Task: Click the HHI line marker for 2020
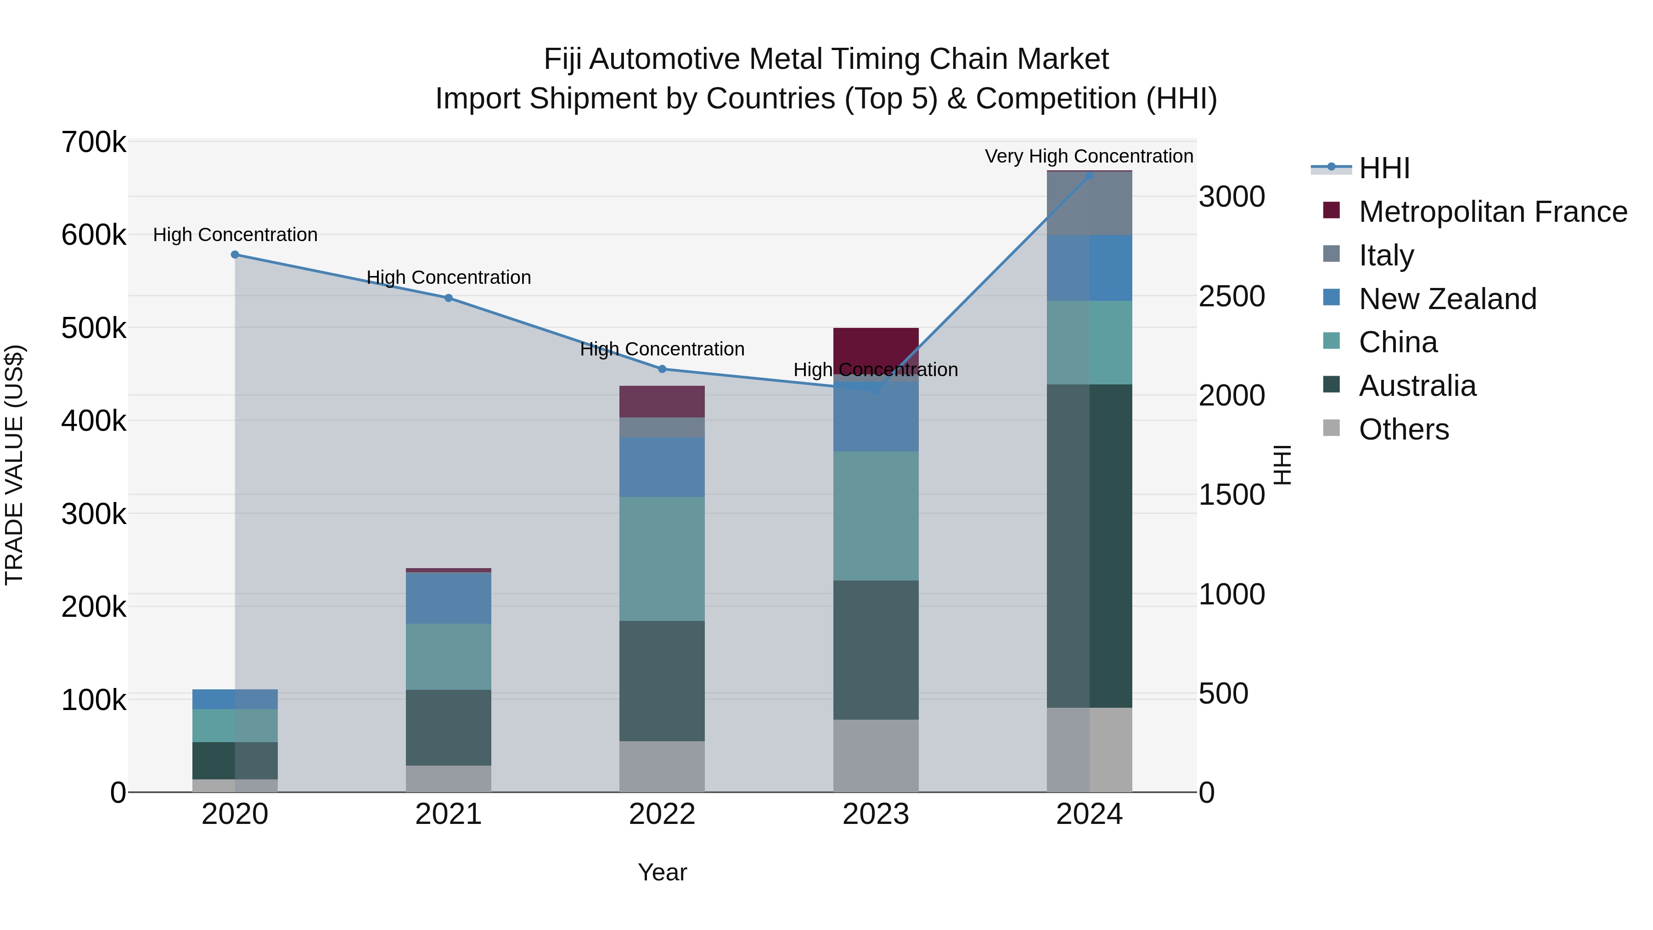click(x=235, y=255)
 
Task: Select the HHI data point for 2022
click(x=662, y=369)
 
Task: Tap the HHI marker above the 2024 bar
click(x=1089, y=175)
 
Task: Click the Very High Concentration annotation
click(x=1089, y=156)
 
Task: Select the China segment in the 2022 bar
click(x=662, y=558)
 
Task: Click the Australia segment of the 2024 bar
click(x=1089, y=546)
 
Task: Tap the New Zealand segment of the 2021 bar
click(x=449, y=597)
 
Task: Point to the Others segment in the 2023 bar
click(x=876, y=755)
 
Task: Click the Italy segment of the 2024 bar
click(x=1089, y=203)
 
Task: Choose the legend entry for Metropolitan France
click(x=1493, y=212)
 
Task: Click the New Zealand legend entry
click(x=1448, y=299)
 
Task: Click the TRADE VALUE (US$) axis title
click(x=14, y=465)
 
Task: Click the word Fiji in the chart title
click(x=563, y=60)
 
